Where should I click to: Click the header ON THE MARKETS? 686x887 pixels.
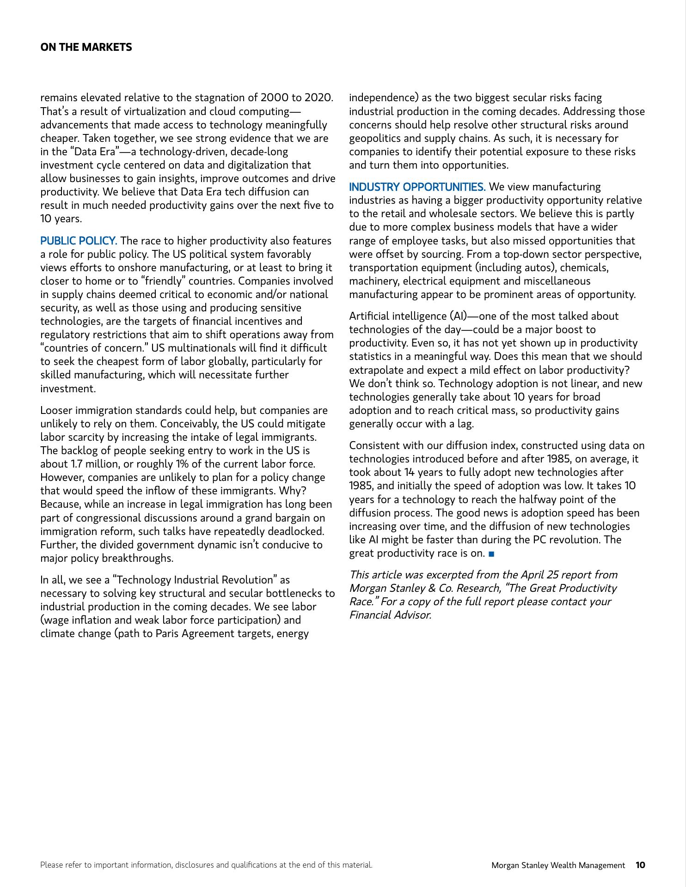point(86,47)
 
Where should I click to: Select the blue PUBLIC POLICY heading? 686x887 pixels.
point(79,241)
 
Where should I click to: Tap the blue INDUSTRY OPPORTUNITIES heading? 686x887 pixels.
point(417,187)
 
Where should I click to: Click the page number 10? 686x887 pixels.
point(640,865)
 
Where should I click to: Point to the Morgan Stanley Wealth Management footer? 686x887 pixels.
point(558,865)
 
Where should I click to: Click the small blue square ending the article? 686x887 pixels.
point(491,553)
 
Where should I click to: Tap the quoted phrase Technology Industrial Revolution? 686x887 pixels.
point(196,580)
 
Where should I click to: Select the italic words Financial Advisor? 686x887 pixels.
point(390,615)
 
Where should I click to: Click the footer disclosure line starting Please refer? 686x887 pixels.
point(206,865)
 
